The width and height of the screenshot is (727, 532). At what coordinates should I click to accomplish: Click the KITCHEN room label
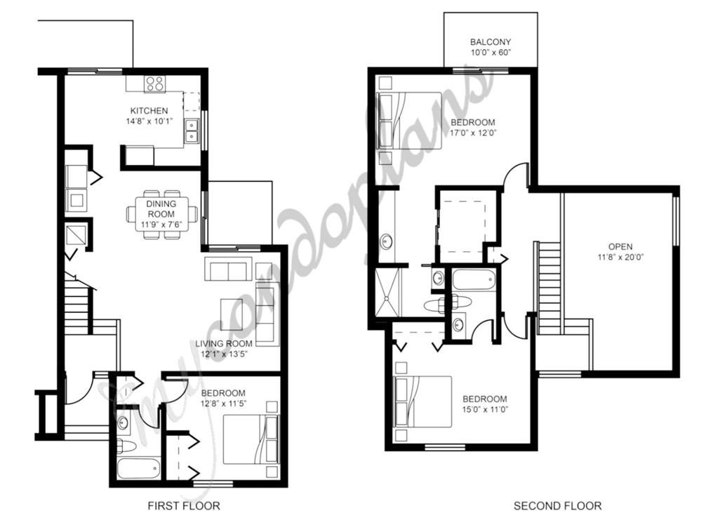pos(149,111)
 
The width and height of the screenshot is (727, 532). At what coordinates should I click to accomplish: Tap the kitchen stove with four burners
pos(155,84)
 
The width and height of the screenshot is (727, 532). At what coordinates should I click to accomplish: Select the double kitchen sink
pos(191,131)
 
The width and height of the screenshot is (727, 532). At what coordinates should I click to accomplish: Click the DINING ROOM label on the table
pos(161,208)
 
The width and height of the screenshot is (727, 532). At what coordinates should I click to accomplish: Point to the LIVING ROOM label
pos(223,344)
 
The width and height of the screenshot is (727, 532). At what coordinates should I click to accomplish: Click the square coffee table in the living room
pos(232,314)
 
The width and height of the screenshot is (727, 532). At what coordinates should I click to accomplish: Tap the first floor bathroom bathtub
pos(139,469)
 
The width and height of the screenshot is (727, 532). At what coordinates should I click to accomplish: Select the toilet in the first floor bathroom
pos(126,446)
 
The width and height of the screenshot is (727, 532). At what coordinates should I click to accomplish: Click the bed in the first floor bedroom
pos(251,439)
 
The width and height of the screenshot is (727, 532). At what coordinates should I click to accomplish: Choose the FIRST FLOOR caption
pos(184,505)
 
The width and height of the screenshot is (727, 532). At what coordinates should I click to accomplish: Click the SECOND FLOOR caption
pos(557,505)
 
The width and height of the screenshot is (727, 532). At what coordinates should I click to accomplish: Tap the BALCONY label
pos(491,41)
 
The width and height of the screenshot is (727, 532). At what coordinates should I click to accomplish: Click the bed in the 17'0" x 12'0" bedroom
pos(409,120)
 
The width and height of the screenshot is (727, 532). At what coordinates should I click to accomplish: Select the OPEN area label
pos(620,247)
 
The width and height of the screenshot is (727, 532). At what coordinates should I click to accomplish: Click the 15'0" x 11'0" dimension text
pos(485,410)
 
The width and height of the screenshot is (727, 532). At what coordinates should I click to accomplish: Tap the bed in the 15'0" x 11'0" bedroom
pos(422,401)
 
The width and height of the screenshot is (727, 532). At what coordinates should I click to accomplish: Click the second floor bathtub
pos(474,280)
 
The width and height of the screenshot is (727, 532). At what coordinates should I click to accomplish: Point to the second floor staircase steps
pos(549,287)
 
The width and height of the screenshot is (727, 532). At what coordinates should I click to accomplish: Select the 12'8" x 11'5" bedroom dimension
pos(223,404)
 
